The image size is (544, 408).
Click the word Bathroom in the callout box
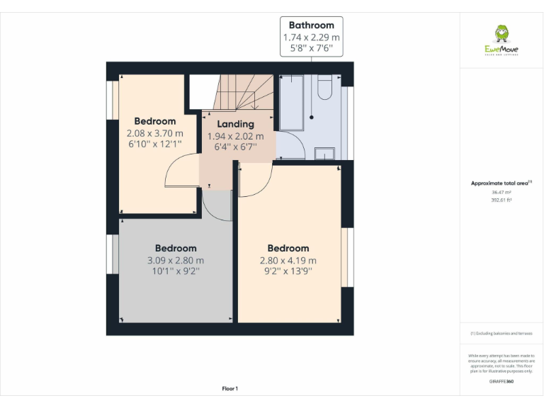[x=311, y=25]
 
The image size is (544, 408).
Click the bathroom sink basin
[x=324, y=153]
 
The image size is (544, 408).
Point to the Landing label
[x=235, y=124]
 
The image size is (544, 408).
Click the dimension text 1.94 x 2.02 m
[x=235, y=137]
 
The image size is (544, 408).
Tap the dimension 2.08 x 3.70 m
[x=154, y=133]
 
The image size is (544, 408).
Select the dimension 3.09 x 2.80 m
[x=176, y=260]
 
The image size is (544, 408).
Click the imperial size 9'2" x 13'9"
[x=288, y=271]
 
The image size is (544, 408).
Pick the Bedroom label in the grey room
[x=176, y=248]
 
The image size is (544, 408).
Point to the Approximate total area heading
[x=501, y=183]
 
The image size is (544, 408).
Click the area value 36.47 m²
[x=501, y=192]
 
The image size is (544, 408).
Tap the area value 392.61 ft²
[x=501, y=200]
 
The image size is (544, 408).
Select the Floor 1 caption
[x=229, y=388]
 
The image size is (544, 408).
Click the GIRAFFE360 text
[x=501, y=382]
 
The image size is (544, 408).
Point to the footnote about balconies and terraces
[x=501, y=333]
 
